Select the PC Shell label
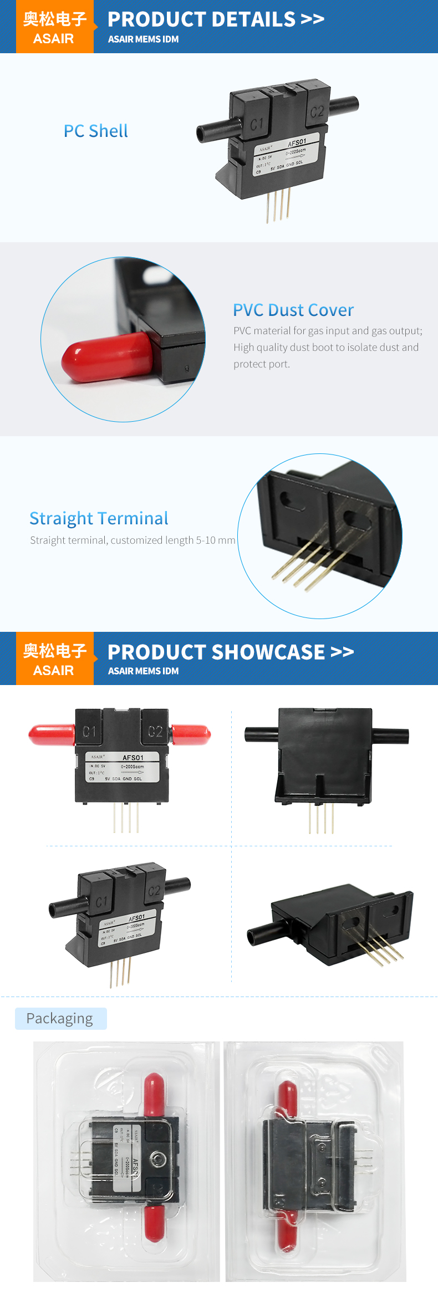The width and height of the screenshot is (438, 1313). [96, 131]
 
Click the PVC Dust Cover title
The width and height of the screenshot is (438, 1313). [293, 310]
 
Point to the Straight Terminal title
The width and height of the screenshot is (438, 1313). [99, 518]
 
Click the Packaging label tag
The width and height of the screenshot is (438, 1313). [60, 1019]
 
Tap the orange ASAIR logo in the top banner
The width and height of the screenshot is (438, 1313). [55, 27]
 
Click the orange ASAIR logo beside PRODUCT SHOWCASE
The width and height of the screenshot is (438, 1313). [55, 658]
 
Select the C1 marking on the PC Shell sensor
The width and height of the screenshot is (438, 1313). [257, 124]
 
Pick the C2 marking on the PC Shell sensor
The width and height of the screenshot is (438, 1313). [317, 112]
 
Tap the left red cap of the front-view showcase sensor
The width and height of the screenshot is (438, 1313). [52, 735]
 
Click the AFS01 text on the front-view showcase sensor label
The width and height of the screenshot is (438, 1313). [133, 758]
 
